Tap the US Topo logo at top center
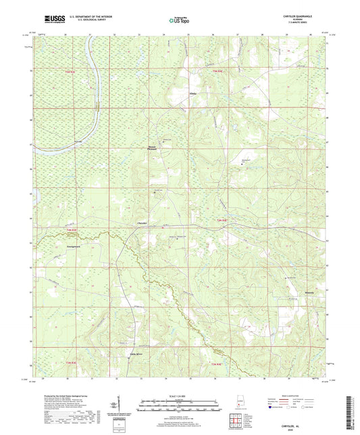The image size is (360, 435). pyautogui.click(x=180, y=21)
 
